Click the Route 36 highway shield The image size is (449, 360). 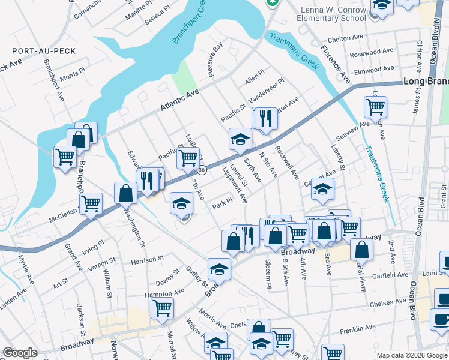click(202, 170)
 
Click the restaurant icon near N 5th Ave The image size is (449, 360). click(265, 117)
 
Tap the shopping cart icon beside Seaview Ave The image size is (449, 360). click(375, 108)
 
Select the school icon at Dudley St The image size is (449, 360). click(219, 269)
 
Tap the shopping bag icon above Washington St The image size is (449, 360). click(125, 193)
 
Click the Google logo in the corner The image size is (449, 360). click(20, 353)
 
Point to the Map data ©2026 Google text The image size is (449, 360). click(412, 355)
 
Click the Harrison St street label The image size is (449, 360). click(147, 260)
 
